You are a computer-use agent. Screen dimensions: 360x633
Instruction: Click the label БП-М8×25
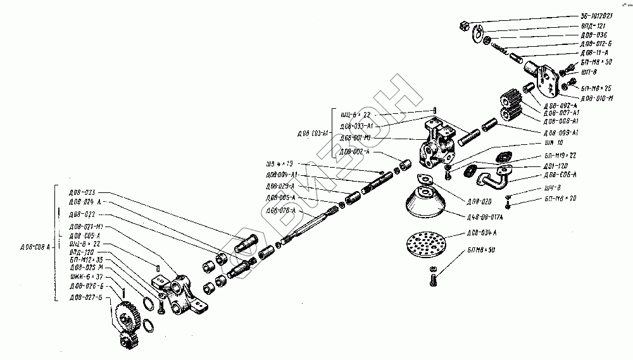coord(595,88)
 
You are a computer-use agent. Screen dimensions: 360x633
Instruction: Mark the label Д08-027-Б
coord(87,297)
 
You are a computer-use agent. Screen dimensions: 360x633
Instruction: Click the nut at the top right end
coord(464,26)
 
